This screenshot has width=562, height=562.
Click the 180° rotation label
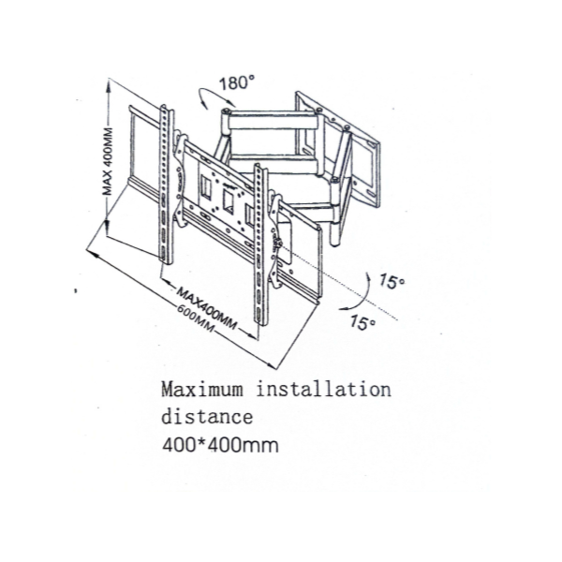tap(237, 82)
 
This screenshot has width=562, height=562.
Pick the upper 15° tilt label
tap(392, 281)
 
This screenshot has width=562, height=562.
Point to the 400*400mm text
tap(219, 443)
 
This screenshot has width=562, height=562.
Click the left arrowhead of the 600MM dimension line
tap(91, 250)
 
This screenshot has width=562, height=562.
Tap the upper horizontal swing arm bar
tap(272, 120)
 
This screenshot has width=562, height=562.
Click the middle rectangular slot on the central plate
tap(227, 200)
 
